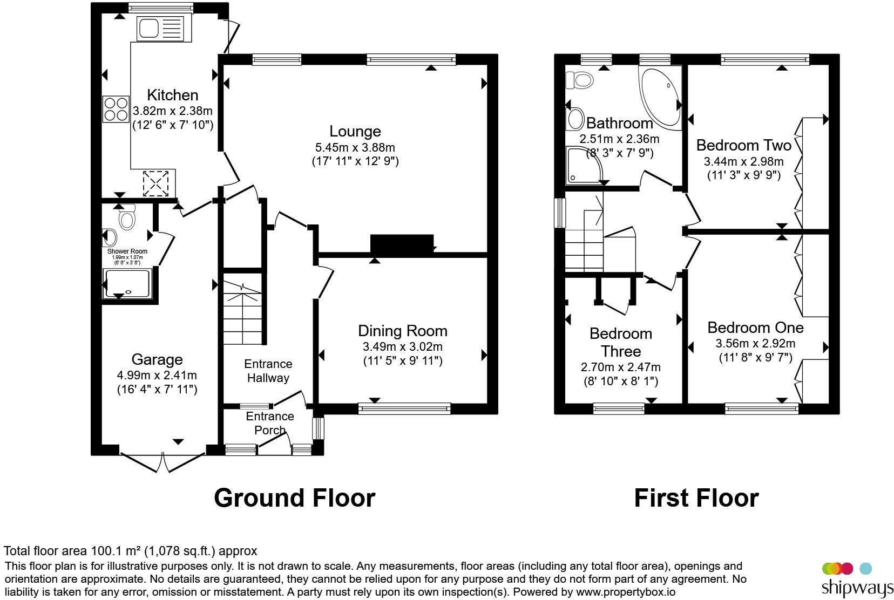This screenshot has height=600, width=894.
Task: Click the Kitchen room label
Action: [x=172, y=95]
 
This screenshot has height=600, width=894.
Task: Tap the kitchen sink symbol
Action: [x=161, y=29]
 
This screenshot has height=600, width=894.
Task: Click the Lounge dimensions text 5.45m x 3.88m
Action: [x=355, y=147]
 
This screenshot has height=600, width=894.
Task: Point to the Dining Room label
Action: [x=403, y=331]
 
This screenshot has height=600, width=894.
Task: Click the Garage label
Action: [x=157, y=359]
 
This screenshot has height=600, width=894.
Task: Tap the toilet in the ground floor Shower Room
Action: [x=127, y=217]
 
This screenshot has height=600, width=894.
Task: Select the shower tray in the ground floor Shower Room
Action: [x=127, y=284]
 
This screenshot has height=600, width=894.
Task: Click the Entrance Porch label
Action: [x=270, y=423]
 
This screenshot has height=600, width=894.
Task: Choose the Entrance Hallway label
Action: [x=268, y=371]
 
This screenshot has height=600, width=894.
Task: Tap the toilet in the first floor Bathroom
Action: [x=579, y=80]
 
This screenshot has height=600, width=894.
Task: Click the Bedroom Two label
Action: [x=743, y=145]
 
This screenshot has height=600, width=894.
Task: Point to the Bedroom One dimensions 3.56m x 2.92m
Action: [x=755, y=344]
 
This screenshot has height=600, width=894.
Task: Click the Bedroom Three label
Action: [x=621, y=342]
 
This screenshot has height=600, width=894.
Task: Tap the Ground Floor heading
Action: [x=294, y=497]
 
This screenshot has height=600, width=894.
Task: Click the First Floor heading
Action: [x=696, y=497]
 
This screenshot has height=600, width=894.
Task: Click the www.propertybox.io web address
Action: [x=625, y=592]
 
